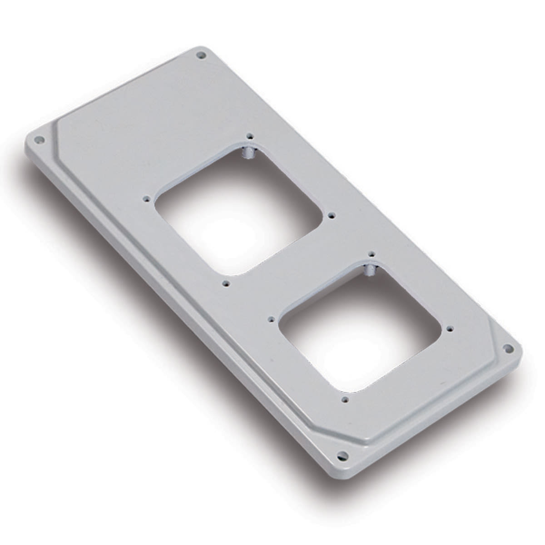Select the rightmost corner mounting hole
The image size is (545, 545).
click(x=509, y=348)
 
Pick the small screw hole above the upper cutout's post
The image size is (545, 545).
click(x=249, y=136)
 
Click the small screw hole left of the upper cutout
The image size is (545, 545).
click(x=146, y=198)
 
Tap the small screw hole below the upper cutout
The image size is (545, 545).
click(x=226, y=283)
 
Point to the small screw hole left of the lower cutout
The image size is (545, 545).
click(x=271, y=319)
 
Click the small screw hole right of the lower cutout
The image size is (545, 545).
click(x=450, y=327)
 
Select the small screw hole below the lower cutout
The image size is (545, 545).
click(x=345, y=400)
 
